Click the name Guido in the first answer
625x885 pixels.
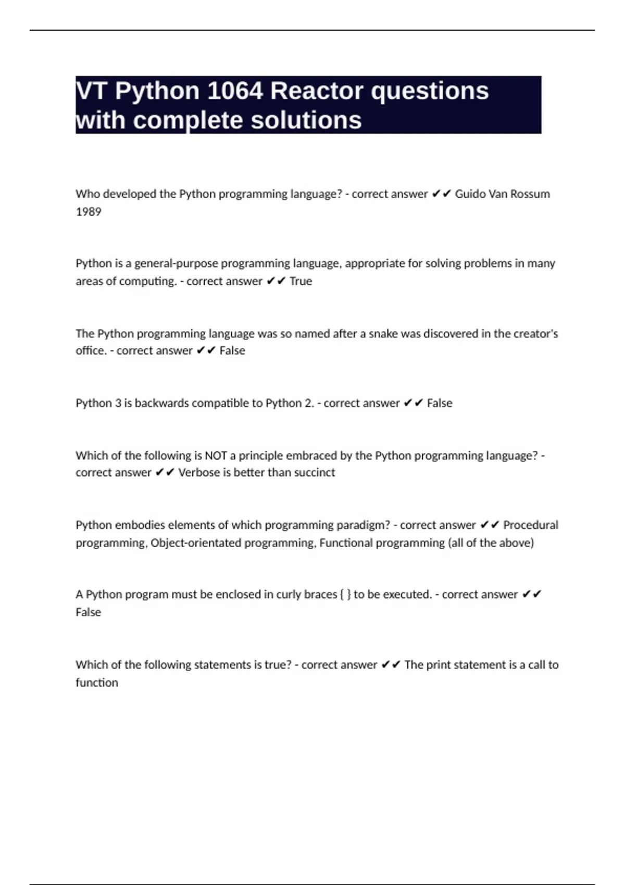[x=470, y=194]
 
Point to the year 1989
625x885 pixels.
[x=89, y=212]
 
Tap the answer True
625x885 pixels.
[x=301, y=281]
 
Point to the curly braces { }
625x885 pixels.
[x=345, y=595]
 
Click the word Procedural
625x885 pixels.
[x=530, y=525]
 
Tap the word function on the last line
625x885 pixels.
[x=97, y=682]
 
